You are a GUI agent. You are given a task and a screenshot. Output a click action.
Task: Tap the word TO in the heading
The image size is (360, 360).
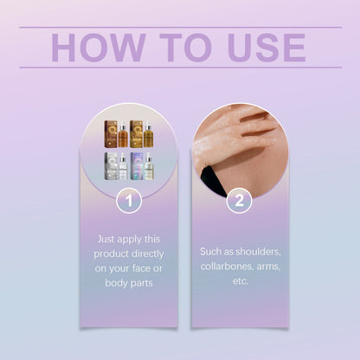point(185,48)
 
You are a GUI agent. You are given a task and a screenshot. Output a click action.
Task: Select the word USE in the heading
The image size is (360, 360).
point(267,48)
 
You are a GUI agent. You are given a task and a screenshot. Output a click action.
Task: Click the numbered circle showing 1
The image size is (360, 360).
point(129,201)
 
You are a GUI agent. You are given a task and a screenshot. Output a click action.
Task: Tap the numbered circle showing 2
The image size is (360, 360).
point(239,201)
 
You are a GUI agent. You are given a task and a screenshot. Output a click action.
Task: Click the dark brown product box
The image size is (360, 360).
point(111,134)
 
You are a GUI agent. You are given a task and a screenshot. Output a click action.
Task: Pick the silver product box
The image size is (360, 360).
point(111,166)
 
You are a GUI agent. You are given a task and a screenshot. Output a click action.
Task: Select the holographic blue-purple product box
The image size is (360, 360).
point(137,166)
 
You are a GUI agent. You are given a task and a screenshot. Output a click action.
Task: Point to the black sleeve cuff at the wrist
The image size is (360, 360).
point(210,178)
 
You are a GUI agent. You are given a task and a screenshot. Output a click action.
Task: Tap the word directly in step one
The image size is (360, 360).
point(148,254)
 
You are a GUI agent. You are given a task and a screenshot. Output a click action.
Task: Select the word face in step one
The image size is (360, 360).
point(141,268)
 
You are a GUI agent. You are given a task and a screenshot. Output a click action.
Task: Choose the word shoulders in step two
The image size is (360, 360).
point(258,252)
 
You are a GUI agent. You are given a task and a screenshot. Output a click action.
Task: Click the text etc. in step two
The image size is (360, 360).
point(241,281)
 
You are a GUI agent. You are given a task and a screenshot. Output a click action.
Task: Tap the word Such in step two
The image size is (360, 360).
point(210,252)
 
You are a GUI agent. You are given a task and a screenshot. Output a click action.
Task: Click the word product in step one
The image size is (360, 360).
point(111,254)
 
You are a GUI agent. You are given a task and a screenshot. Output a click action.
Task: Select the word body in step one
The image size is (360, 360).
point(116,283)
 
